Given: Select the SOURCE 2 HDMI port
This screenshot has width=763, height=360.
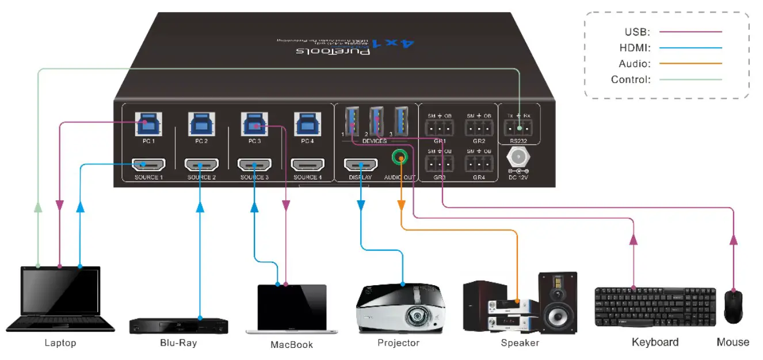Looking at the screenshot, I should [x=200, y=165].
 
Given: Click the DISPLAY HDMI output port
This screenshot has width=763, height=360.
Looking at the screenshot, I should [x=360, y=165].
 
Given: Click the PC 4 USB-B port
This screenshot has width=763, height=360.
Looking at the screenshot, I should [x=307, y=124].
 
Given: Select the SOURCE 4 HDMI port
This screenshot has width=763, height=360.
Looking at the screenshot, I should [x=307, y=165].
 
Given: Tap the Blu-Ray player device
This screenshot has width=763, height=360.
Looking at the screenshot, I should [x=178, y=325].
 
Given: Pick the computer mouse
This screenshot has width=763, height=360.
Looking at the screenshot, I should [x=733, y=307].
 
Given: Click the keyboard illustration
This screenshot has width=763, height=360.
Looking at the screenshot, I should [x=655, y=307].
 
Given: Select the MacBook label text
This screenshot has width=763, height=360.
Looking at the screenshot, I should [x=292, y=344].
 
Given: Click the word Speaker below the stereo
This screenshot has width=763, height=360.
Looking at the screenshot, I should [x=520, y=343].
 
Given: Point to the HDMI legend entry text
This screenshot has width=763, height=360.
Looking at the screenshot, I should [x=635, y=48].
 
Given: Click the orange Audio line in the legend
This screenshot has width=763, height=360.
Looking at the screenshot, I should [x=690, y=64].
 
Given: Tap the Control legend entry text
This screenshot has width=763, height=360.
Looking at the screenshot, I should [x=631, y=80].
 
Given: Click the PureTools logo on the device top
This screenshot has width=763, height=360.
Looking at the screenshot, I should [x=334, y=52].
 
